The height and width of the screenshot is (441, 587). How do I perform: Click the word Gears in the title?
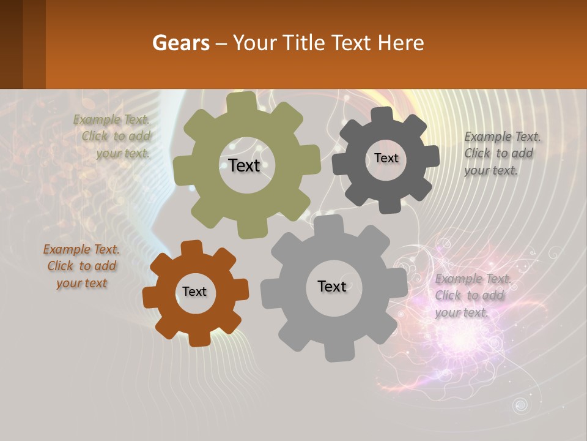coord(180,43)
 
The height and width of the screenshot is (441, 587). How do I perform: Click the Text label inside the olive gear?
coord(244,165)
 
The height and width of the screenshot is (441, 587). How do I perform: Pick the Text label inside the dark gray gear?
coord(386,158)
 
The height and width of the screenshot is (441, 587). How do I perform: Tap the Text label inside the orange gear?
coord(194,292)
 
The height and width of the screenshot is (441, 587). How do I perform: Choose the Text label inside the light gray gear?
coord(332,287)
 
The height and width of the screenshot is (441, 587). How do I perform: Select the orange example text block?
coord(81,266)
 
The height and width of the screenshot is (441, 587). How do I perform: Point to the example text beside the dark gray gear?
coord(502,153)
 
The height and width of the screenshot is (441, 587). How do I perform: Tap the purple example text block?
coord(473,295)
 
